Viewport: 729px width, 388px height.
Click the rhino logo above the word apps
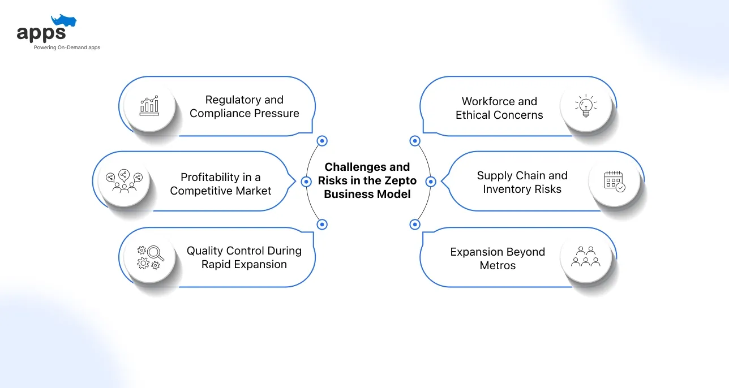click(x=63, y=21)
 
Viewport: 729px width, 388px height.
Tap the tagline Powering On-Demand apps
click(x=67, y=48)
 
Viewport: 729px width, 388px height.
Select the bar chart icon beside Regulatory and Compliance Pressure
click(x=149, y=106)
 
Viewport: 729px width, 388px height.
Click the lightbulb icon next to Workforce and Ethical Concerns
click(x=586, y=106)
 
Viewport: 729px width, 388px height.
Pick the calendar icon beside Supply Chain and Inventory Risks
click(x=614, y=181)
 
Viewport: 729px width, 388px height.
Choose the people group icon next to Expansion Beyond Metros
click(x=586, y=257)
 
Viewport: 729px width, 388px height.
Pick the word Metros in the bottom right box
click(x=498, y=265)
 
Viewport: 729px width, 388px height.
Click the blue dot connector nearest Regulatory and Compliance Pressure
click(x=322, y=141)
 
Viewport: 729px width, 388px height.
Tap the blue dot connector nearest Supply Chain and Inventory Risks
click(x=430, y=182)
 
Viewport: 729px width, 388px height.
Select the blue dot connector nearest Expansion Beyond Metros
click(x=415, y=225)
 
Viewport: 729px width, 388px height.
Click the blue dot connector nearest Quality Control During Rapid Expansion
click(x=322, y=225)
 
